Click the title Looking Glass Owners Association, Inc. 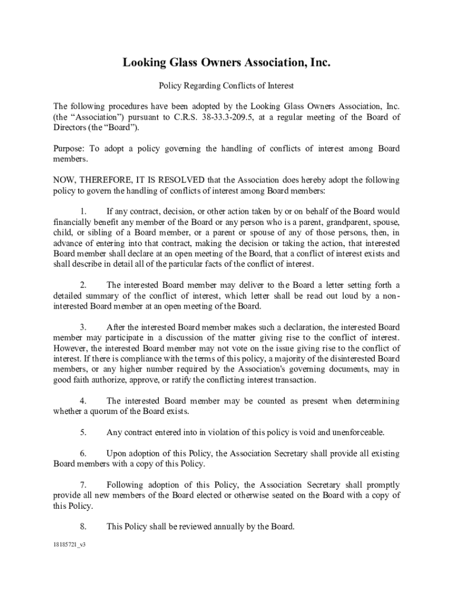tap(226, 62)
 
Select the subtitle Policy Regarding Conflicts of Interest tap(226, 86)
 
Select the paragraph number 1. tap(84, 211)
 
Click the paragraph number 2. tap(84, 285)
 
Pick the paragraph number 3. tap(84, 327)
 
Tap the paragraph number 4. tap(84, 401)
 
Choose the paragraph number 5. tap(84, 432)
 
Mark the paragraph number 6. tap(84, 453)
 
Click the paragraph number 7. tap(84, 485)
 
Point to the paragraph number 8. tap(84, 526)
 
